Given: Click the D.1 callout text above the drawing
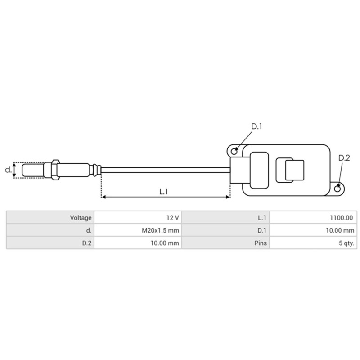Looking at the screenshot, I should (256, 127).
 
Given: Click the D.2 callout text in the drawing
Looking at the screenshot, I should (344, 157).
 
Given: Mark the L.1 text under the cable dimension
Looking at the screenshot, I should (164, 191).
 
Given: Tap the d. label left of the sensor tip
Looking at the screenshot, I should (8, 170).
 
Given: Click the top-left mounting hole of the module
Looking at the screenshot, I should (234, 149).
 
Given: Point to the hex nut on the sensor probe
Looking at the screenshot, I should (54, 170).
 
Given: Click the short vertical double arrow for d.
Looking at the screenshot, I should (15, 170).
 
